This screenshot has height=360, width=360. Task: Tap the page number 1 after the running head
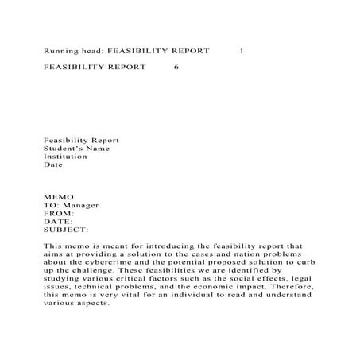[x=242, y=50]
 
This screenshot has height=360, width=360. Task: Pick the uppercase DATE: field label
[x=58, y=222]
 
